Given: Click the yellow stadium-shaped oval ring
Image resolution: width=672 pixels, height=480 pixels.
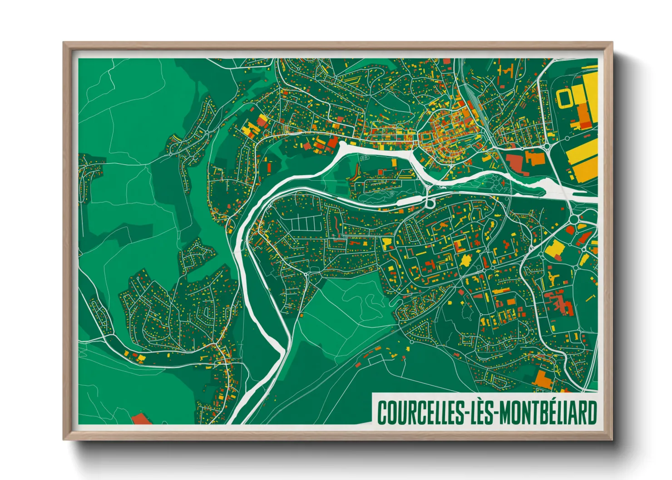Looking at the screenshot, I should coord(564,98).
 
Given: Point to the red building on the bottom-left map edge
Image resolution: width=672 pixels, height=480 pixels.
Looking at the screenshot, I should coord(141,419).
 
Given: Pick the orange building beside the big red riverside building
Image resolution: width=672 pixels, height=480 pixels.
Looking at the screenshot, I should coord(535,158).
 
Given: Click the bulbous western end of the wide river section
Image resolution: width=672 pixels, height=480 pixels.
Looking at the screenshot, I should coord(344,147).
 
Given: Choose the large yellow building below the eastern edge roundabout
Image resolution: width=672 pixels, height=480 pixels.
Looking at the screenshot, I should coord(554,248).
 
